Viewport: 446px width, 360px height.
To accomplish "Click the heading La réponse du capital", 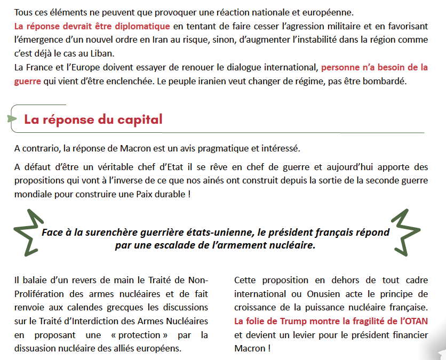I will tap(93, 119).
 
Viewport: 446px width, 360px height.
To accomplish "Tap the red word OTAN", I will tap(416, 321).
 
